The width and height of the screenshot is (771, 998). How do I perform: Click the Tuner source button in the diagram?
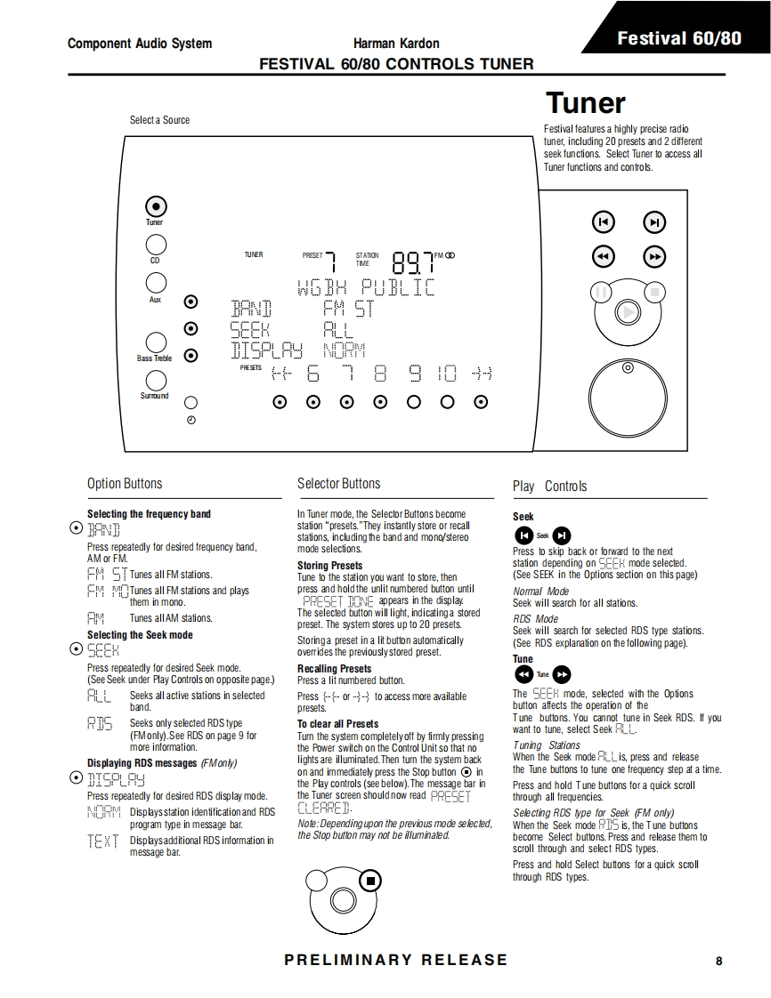155,205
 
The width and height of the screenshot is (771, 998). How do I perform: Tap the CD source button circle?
155,245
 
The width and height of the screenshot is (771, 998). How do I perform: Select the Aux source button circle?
156,283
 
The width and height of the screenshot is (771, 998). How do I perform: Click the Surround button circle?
156,381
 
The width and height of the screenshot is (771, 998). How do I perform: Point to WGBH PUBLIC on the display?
365,288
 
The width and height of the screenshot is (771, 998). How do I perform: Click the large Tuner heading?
585,103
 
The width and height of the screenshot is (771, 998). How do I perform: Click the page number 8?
718,961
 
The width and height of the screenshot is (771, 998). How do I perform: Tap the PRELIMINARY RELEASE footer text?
396,960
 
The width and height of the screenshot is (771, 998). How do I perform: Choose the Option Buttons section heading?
125,484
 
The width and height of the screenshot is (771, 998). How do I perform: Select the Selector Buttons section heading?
338,484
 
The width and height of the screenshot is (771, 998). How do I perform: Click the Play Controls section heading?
549,486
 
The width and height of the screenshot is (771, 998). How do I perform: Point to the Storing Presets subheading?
329,566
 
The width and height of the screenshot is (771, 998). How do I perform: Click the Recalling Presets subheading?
334,669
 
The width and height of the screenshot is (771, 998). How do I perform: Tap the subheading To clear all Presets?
337,724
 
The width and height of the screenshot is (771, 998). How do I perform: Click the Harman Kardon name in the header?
395,43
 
